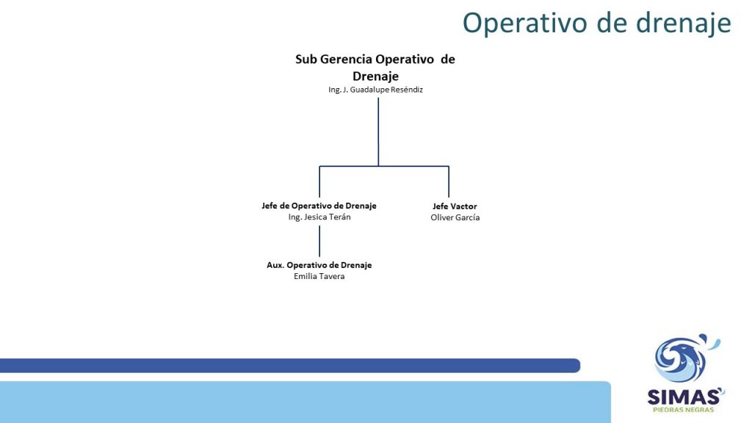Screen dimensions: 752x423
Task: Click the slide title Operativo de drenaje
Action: pos(596,23)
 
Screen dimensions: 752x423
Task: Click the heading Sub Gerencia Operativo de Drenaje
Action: pos(375,68)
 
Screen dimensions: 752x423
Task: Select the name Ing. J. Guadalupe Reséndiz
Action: pos(375,90)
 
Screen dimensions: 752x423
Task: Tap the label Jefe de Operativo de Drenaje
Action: pos(319,206)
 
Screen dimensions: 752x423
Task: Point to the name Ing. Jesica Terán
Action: pos(319,217)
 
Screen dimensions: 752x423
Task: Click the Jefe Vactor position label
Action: pos(455,206)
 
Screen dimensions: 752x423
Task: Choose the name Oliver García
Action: pos(455,217)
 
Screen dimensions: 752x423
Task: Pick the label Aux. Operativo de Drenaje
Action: pos(319,265)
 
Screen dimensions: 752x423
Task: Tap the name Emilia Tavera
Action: pos(319,276)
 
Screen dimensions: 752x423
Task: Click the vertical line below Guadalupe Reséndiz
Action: pos(378,132)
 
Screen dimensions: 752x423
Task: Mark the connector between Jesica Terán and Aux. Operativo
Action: pos(319,241)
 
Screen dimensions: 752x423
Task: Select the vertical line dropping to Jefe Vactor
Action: pos(449,182)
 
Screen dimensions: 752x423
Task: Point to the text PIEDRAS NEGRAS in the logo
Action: pos(684,410)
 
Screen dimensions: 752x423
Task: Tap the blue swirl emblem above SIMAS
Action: pos(685,358)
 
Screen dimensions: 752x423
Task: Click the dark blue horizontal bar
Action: pos(289,366)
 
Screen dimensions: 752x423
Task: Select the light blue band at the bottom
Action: pos(305,402)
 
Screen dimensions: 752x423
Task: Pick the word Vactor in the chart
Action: pos(464,206)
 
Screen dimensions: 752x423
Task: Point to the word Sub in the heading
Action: pos(306,59)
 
